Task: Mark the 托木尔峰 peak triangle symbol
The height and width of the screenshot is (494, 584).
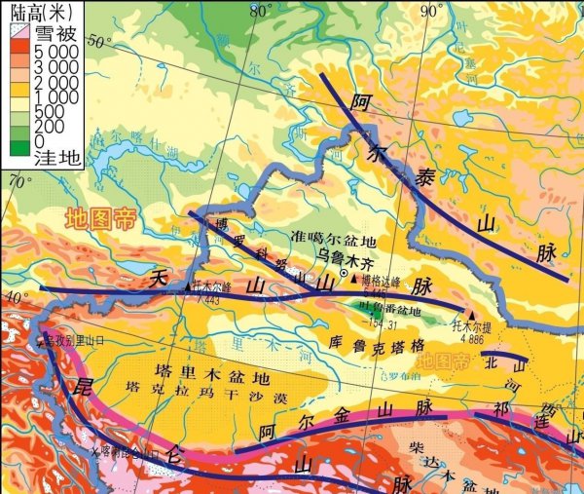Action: click(x=187, y=287)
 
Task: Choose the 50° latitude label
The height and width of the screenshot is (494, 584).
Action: click(x=98, y=41)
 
